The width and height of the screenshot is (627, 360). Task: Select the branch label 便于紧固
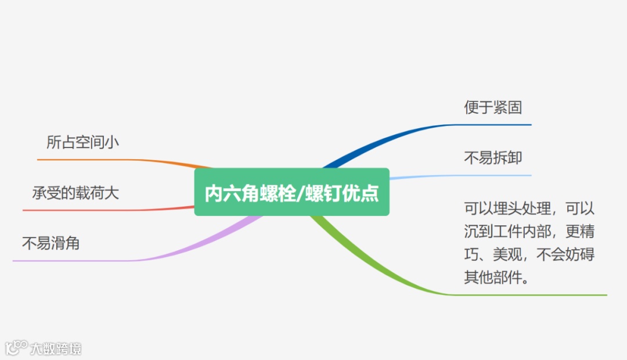pyautogui.click(x=493, y=107)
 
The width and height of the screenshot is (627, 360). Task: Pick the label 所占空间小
pyautogui.click(x=82, y=142)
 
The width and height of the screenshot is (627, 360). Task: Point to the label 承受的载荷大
pyautogui.click(x=75, y=193)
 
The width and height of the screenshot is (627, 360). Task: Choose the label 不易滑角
pyautogui.click(x=51, y=243)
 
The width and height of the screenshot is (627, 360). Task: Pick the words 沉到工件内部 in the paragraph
pyautogui.click(x=506, y=231)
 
